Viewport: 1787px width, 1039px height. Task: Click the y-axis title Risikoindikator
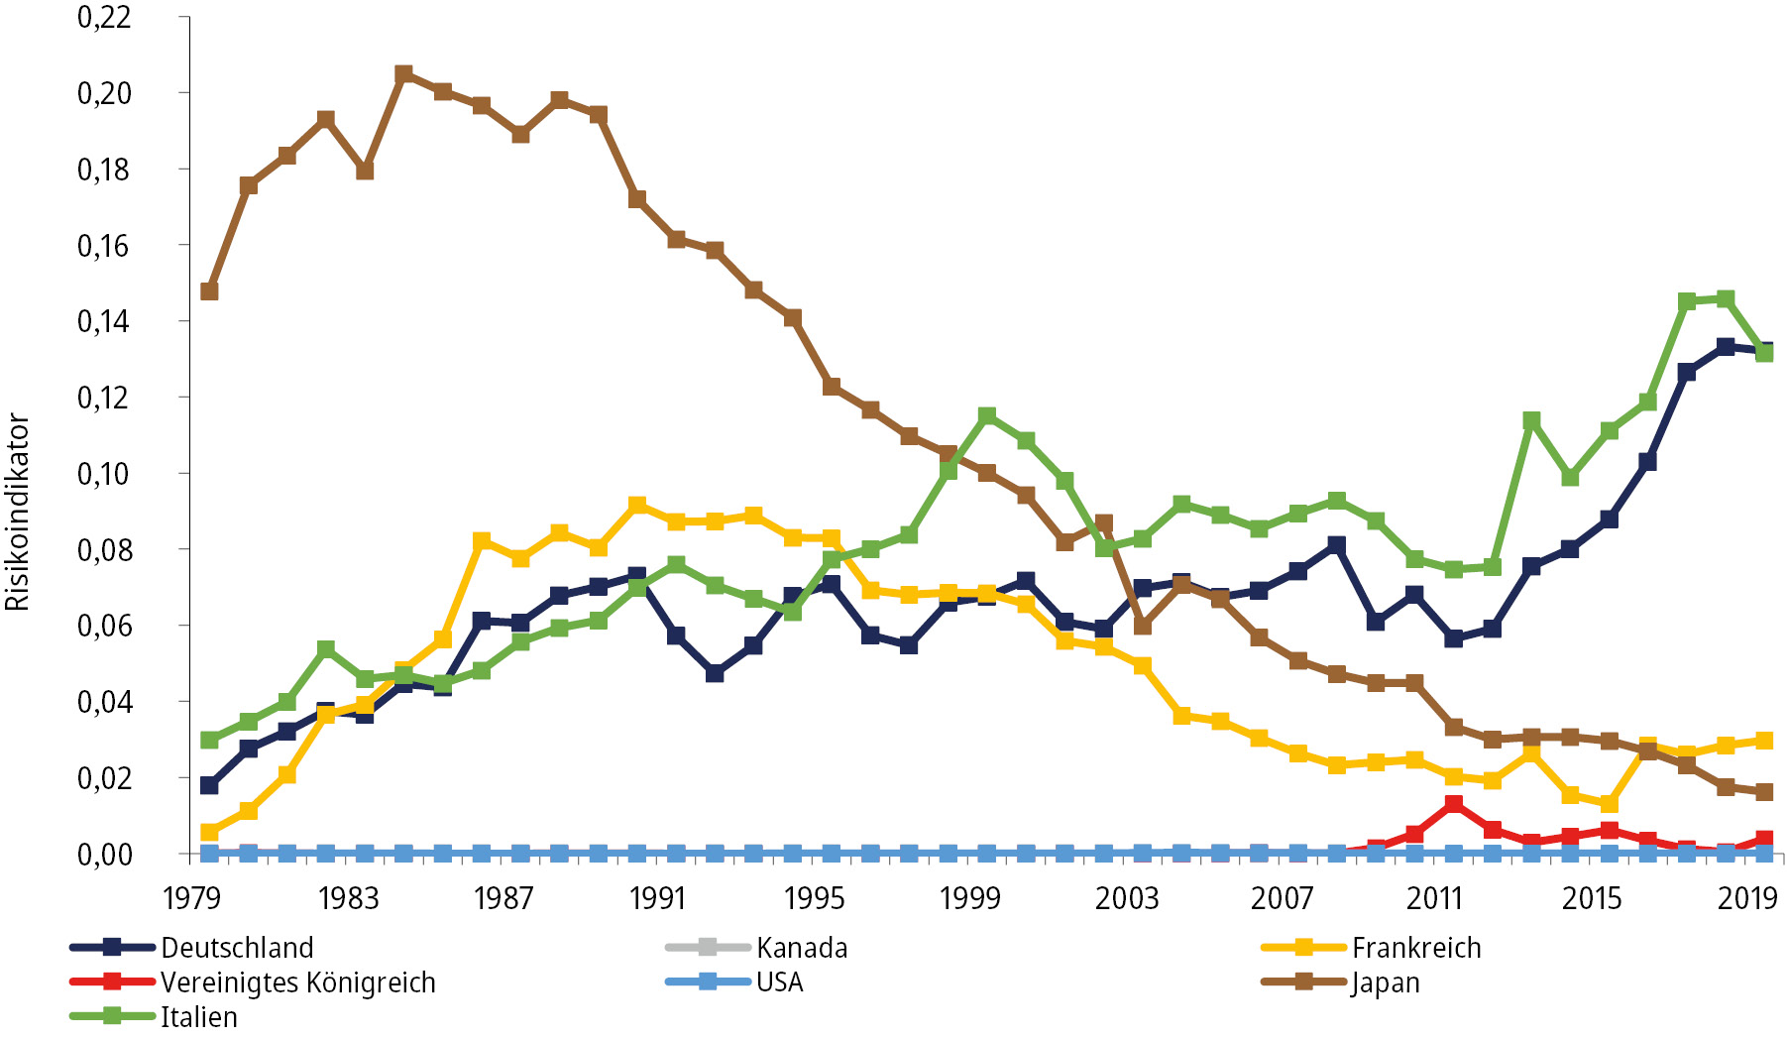pos(18,512)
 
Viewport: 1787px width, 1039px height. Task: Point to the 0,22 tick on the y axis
pos(104,17)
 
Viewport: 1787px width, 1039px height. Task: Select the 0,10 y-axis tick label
pos(104,474)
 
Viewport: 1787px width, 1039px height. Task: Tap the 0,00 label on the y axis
pos(104,855)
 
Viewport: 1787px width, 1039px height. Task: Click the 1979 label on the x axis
pos(191,898)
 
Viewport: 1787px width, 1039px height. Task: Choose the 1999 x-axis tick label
pos(969,898)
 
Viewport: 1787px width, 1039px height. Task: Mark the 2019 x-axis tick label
pos(1747,898)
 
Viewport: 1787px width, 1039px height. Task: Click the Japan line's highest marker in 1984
pos(403,74)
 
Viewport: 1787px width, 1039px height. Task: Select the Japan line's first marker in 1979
pos(209,291)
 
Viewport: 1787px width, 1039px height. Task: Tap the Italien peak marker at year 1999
pos(987,416)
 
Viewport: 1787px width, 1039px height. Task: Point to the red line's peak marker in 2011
pos(1454,804)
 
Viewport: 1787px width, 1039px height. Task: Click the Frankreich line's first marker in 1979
pos(209,832)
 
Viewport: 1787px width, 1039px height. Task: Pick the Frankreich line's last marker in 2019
pos(1764,741)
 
